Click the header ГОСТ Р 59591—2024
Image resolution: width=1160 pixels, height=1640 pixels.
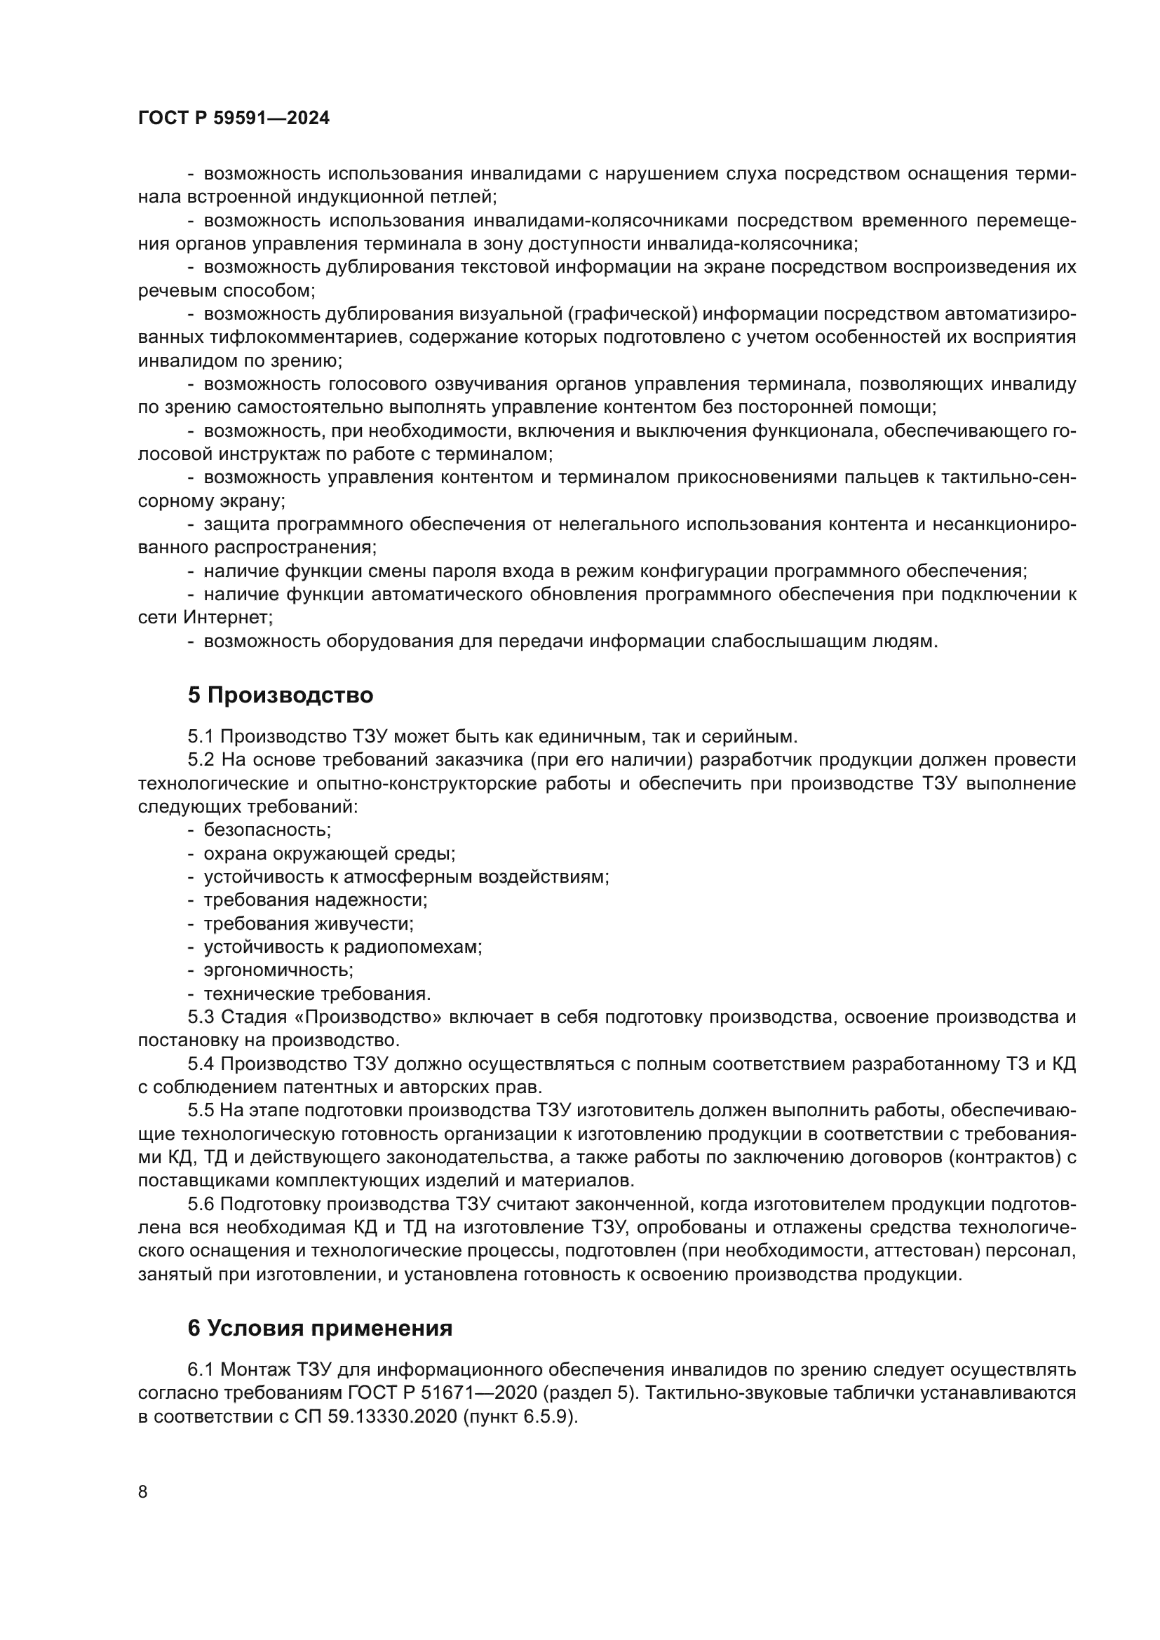pyautogui.click(x=234, y=118)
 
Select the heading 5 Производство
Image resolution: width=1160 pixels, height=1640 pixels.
pyautogui.click(x=280, y=696)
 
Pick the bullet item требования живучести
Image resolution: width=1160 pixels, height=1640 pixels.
pyautogui.click(x=309, y=923)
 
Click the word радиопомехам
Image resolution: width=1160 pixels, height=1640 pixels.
pyautogui.click(x=413, y=947)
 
